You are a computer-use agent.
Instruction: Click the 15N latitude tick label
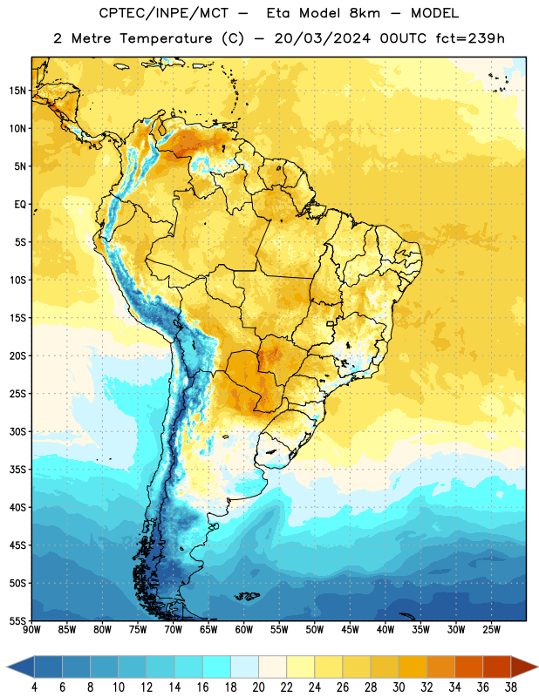17,91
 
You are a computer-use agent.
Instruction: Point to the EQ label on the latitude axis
20,205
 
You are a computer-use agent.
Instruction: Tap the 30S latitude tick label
17,431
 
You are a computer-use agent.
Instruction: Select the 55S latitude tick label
17,620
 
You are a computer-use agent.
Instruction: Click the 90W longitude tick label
32,630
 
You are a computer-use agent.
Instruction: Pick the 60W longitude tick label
244,630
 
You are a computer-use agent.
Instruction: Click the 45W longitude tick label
350,630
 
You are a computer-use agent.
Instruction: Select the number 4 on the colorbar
34,687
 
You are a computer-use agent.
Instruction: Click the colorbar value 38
511,687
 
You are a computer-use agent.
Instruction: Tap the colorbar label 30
399,687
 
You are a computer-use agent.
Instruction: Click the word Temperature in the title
166,38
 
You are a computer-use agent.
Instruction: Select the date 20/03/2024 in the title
322,38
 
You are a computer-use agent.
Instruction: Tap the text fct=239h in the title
470,38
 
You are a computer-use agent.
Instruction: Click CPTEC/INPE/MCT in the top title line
163,13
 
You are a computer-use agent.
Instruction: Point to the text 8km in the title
365,13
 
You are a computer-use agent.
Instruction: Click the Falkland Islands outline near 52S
248,596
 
